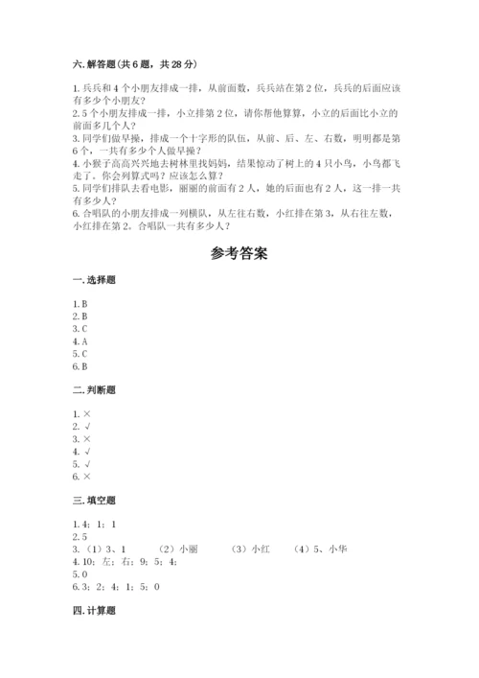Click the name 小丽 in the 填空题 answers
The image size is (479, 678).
coord(188,549)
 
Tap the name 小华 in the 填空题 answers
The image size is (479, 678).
coord(335,549)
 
